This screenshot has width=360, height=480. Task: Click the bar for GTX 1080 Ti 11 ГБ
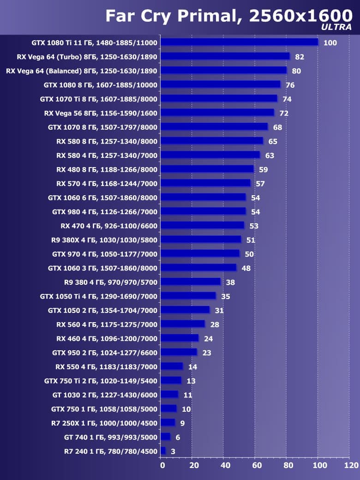coord(240,42)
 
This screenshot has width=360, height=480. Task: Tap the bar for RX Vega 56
coord(217,113)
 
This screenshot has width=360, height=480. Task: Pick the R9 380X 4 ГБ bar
coord(201,240)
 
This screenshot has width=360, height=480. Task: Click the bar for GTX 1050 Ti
coord(188,296)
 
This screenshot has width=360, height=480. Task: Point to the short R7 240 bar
coord(163,451)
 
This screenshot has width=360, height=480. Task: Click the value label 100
coord(330,43)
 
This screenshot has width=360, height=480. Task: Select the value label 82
coord(300,57)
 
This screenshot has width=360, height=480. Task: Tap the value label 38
coord(230,282)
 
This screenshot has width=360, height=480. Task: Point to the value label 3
coord(173,451)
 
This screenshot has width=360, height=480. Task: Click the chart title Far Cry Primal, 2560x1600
coord(226,15)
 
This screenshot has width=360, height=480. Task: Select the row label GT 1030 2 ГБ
coord(105,395)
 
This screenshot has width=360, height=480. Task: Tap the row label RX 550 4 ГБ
coord(106,366)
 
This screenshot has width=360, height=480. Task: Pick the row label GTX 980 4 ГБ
coord(105,211)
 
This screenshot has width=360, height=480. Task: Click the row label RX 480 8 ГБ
coord(107,169)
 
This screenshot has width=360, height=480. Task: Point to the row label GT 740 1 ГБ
coord(111,437)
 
